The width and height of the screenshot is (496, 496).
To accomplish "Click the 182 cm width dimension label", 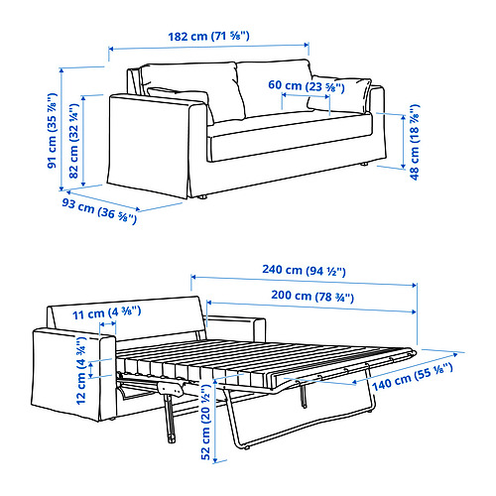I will tap(208, 36).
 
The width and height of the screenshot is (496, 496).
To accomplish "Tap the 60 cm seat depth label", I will tap(306, 86).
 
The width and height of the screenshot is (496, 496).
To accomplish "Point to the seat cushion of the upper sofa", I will tap(288, 127).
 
